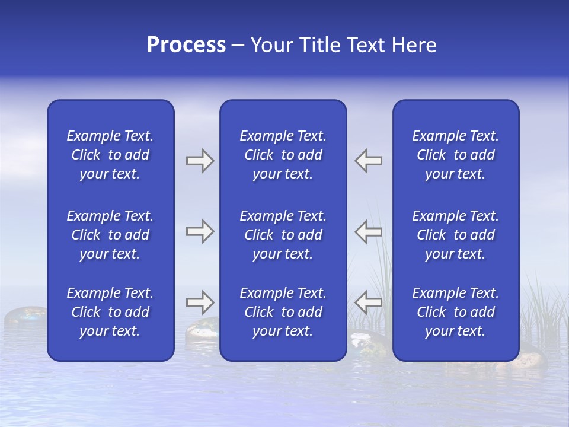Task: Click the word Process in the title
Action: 186,45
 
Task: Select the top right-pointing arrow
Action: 200,161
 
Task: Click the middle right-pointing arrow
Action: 200,231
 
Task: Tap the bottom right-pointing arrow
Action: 200,302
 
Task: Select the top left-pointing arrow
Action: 369,161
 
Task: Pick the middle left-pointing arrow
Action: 369,231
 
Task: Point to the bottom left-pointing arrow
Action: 369,302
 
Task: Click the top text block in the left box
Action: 110,155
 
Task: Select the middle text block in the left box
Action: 110,235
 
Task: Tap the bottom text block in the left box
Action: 110,312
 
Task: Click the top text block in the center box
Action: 283,155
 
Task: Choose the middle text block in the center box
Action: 283,235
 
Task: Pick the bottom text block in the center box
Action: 283,312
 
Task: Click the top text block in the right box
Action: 456,155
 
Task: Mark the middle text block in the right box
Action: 456,235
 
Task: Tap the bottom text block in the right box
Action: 456,312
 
